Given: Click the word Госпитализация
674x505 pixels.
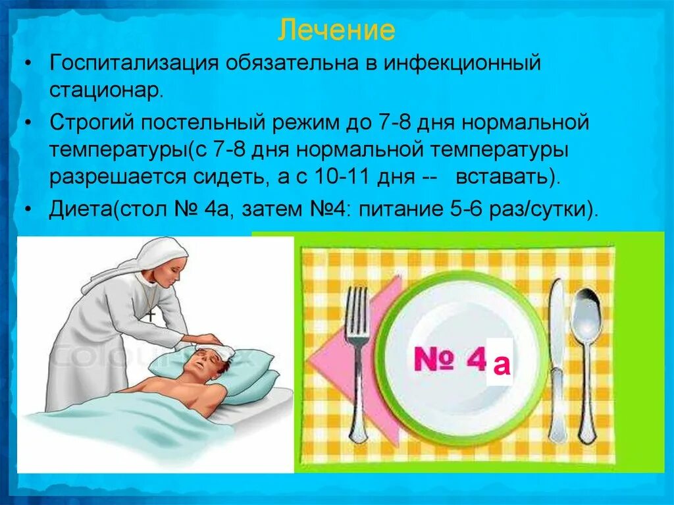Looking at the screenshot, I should pos(134,65).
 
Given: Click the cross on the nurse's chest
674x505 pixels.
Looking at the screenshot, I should pos(151,315).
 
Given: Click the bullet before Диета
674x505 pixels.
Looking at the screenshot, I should pos(28,211).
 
